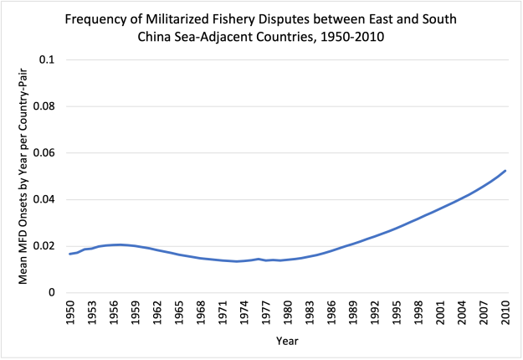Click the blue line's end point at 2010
(505, 171)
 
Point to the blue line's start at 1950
(69, 254)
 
